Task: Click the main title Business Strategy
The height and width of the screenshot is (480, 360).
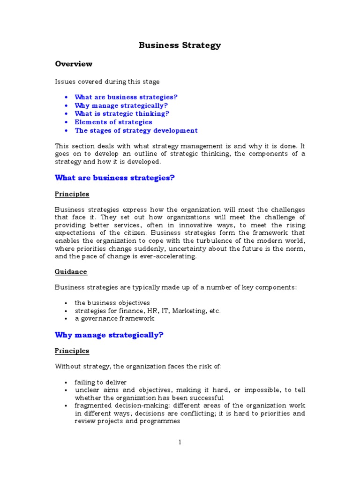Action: (180, 45)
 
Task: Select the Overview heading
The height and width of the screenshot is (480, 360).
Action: (74, 64)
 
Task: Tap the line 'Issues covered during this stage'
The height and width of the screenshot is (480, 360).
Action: (107, 82)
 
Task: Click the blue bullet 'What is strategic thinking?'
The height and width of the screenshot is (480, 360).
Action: (122, 113)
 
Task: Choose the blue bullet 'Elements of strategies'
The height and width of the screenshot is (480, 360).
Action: (113, 122)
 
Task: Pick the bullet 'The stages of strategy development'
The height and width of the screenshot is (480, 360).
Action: (136, 130)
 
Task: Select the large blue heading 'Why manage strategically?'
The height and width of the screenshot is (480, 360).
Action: (109, 335)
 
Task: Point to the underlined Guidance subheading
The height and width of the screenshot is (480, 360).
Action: (71, 271)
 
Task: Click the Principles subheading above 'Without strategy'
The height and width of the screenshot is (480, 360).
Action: (72, 351)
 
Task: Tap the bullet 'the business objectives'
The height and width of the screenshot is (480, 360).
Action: (112, 303)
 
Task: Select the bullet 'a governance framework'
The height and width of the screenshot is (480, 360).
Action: (114, 318)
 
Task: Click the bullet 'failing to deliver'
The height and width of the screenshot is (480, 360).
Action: (101, 382)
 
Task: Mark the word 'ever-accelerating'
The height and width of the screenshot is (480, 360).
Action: (170, 256)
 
